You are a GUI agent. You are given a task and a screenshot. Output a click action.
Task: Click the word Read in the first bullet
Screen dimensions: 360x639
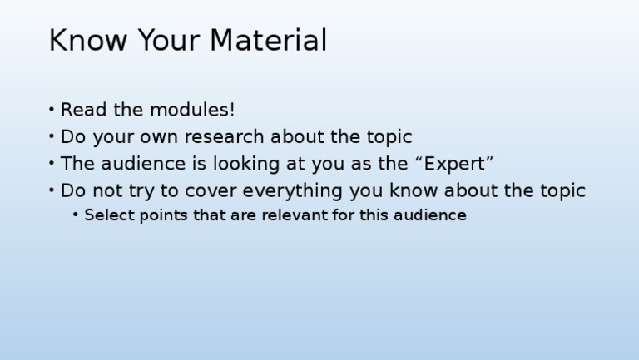tap(81, 110)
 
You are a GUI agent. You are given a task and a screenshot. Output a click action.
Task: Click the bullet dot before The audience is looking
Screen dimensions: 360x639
tap(52, 164)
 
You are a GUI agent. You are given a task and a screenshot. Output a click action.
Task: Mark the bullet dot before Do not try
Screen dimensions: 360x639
tap(52, 190)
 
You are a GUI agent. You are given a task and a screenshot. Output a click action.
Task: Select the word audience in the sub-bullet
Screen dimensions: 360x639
tap(432, 215)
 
